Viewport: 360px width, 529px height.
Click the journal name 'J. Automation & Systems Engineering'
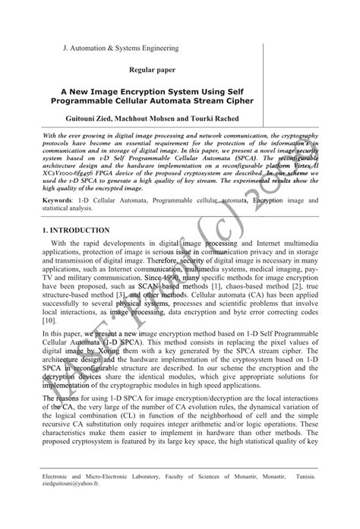pos(121,48)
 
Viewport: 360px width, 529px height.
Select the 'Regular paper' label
pos(152,70)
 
